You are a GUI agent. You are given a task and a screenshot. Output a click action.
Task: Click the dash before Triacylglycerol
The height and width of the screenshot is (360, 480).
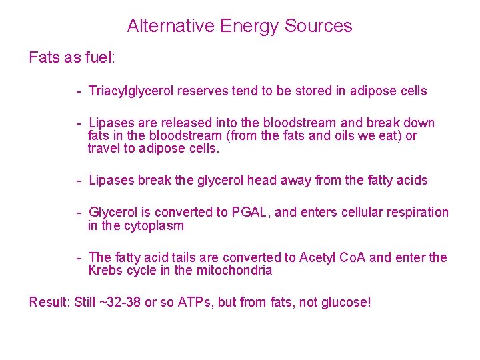coord(79,91)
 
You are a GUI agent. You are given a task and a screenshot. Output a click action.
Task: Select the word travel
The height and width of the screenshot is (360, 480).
coord(104,149)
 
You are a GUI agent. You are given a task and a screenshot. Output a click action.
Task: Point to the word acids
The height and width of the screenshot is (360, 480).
coord(411,180)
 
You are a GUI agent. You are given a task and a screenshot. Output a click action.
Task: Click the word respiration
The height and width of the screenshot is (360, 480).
coord(416,213)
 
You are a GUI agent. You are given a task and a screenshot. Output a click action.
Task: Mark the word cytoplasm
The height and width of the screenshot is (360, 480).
coord(152,226)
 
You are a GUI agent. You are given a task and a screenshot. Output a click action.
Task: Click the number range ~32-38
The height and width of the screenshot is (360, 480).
coord(119,303)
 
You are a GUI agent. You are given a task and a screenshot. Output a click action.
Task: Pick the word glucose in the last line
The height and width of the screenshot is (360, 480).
coord(344,303)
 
